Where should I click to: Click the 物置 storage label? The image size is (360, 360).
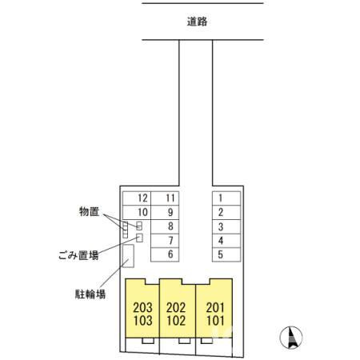(89, 211)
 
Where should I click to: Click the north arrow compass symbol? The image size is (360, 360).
(291, 338)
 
